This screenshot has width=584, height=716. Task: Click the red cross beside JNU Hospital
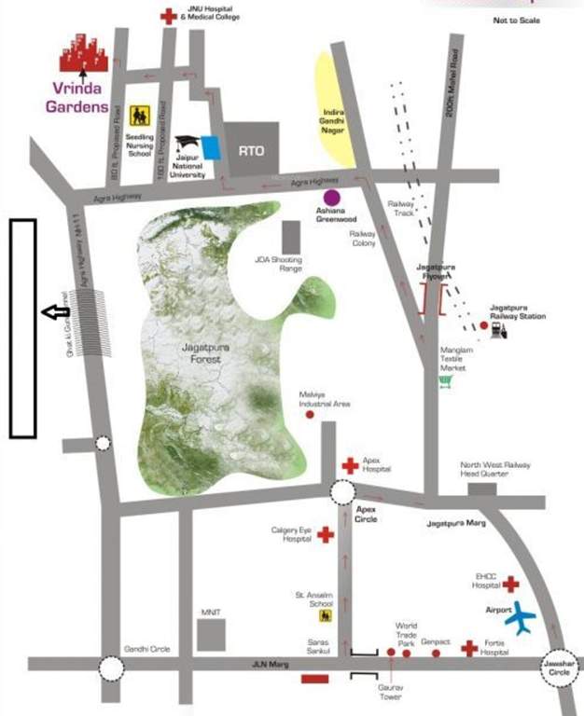pos(168,16)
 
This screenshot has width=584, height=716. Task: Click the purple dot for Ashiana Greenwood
pos(331,198)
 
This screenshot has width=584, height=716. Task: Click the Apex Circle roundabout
pos(342,492)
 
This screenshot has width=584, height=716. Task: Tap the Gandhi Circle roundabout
pos(112,668)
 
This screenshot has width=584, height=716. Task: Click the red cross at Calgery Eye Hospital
pos(325,534)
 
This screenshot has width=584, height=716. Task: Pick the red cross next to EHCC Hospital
pos(510,585)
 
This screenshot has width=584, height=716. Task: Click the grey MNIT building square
pos(212,635)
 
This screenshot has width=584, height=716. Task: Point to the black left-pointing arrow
pos(56,313)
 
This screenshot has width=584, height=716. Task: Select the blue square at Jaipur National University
pos(212,147)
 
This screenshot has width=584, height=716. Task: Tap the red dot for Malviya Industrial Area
pos(310,415)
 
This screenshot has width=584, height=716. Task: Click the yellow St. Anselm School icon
pos(326,615)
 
